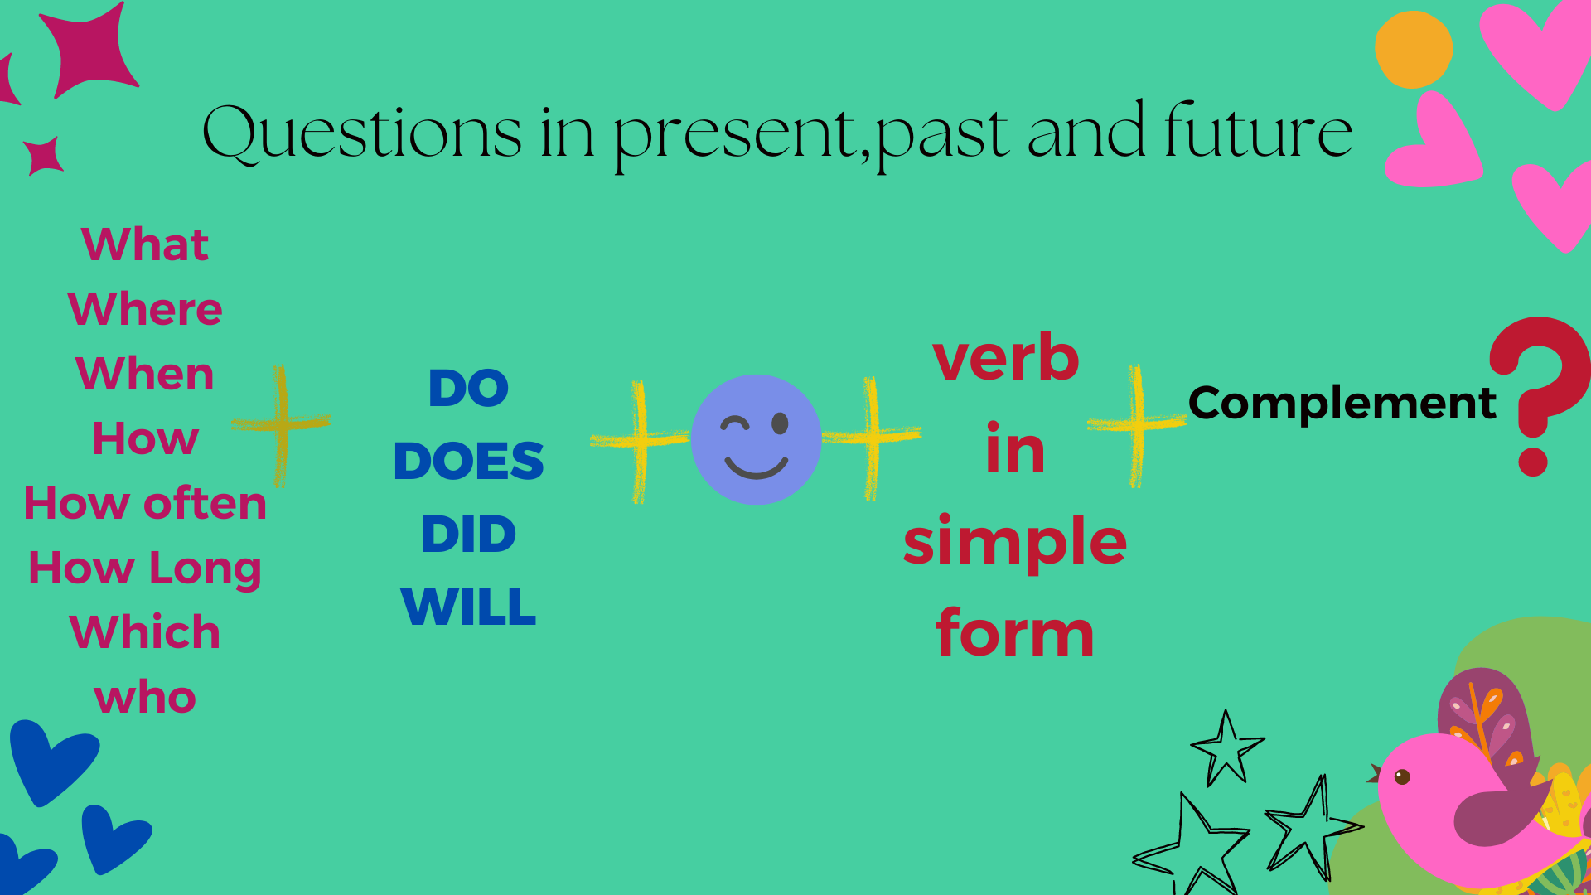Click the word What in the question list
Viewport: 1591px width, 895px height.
pyautogui.click(x=145, y=244)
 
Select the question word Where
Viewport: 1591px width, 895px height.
pyautogui.click(x=145, y=309)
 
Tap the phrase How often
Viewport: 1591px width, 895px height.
pyautogui.click(x=145, y=503)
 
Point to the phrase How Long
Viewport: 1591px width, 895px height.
pyautogui.click(x=145, y=568)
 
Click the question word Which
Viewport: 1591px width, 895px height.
pyautogui.click(x=145, y=632)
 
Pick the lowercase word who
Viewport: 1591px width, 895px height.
pyautogui.click(x=145, y=697)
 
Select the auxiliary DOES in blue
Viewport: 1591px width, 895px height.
pyautogui.click(x=468, y=461)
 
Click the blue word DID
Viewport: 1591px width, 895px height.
pyautogui.click(x=468, y=534)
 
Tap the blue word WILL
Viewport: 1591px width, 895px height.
pyautogui.click(x=468, y=607)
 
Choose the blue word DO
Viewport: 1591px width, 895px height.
pyautogui.click(x=468, y=388)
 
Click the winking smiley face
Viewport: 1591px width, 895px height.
pyautogui.click(x=756, y=439)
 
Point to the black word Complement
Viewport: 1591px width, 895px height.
pyautogui.click(x=1342, y=404)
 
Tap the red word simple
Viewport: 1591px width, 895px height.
pyautogui.click(x=1015, y=540)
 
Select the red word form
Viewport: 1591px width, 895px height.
pyautogui.click(x=1015, y=631)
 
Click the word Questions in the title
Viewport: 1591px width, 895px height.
pyautogui.click(x=362, y=133)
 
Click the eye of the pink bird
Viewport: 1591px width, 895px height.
pyautogui.click(x=1402, y=776)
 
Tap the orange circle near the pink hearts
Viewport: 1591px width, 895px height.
pyautogui.click(x=1414, y=50)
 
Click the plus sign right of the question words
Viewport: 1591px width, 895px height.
pyautogui.click(x=281, y=424)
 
